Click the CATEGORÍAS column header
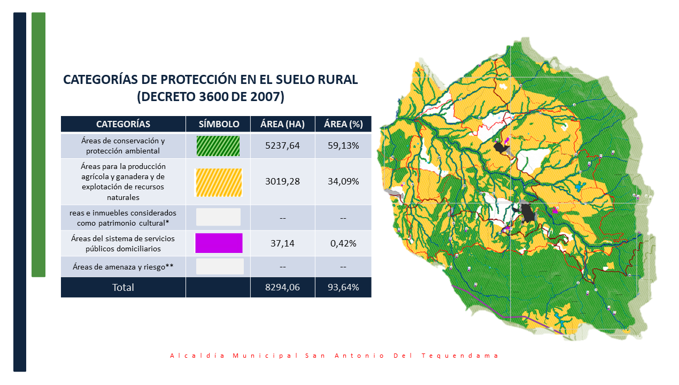click(x=123, y=124)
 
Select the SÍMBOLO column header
click(x=219, y=124)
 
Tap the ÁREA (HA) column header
click(x=282, y=124)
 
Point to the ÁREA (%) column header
click(x=343, y=124)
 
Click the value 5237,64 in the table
click(x=282, y=145)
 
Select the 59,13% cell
click(x=343, y=145)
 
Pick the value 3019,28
click(x=282, y=181)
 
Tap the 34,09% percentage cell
click(x=343, y=181)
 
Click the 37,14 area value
click(x=282, y=243)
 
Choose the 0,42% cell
click(x=343, y=243)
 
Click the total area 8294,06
click(x=282, y=287)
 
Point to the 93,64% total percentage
click(x=343, y=287)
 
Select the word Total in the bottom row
click(x=123, y=287)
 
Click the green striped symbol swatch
click(x=218, y=146)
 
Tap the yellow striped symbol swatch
click(x=219, y=182)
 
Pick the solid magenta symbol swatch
click(x=219, y=243)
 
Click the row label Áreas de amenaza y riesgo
click(x=123, y=267)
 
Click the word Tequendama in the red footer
click(x=460, y=356)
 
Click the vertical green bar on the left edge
click(x=38, y=144)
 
